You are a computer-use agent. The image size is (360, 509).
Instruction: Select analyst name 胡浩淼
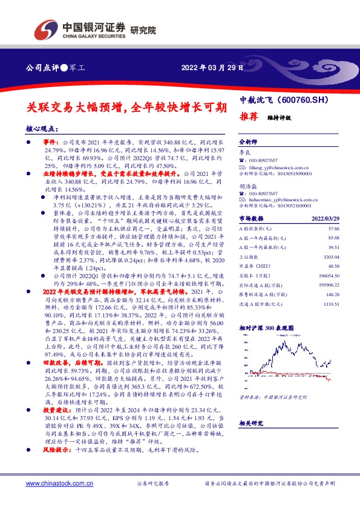247,187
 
